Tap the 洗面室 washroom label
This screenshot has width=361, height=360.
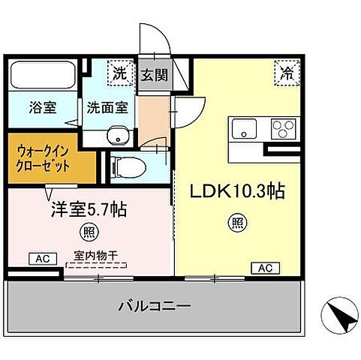(x=107, y=106)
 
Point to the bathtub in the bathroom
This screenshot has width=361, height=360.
(x=41, y=74)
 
